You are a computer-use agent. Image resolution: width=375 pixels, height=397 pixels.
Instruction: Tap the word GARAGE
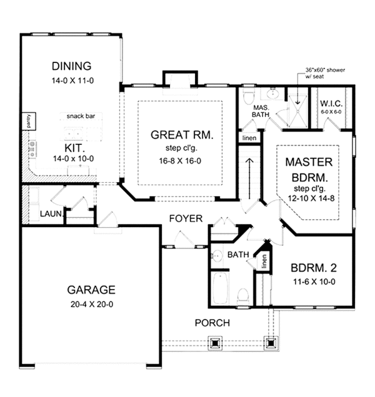91,290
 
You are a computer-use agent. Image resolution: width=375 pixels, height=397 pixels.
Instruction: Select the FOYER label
186,218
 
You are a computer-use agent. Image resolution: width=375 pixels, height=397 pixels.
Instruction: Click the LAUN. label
50,213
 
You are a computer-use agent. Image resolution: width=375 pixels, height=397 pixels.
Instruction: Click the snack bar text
81,117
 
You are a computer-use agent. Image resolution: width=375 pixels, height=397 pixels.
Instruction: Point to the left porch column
215,343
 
